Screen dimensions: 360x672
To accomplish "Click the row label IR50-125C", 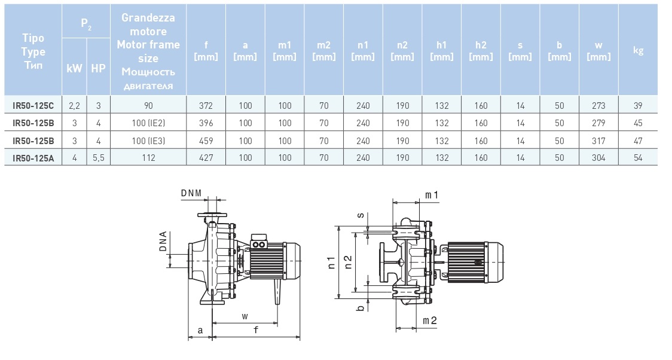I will point(33,106).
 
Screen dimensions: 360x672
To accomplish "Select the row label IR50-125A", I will point(33,158).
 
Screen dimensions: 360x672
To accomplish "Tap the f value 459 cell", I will point(206,141).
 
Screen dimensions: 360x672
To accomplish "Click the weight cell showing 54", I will point(638,158).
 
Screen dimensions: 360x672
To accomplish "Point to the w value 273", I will point(598,106).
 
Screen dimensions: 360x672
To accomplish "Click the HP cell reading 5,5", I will point(98,158).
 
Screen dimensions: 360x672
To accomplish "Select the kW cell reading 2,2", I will point(75,106).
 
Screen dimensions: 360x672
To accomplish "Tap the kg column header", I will point(638,50).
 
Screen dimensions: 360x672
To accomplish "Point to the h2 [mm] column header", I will point(481,50).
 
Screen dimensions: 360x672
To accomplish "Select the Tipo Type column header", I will point(33,51).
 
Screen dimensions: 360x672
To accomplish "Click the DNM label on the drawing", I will point(191,193).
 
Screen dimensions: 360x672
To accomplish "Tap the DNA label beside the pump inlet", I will point(163,242).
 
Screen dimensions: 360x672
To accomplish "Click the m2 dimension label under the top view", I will point(430,321).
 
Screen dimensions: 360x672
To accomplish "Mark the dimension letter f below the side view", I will point(255,330).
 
